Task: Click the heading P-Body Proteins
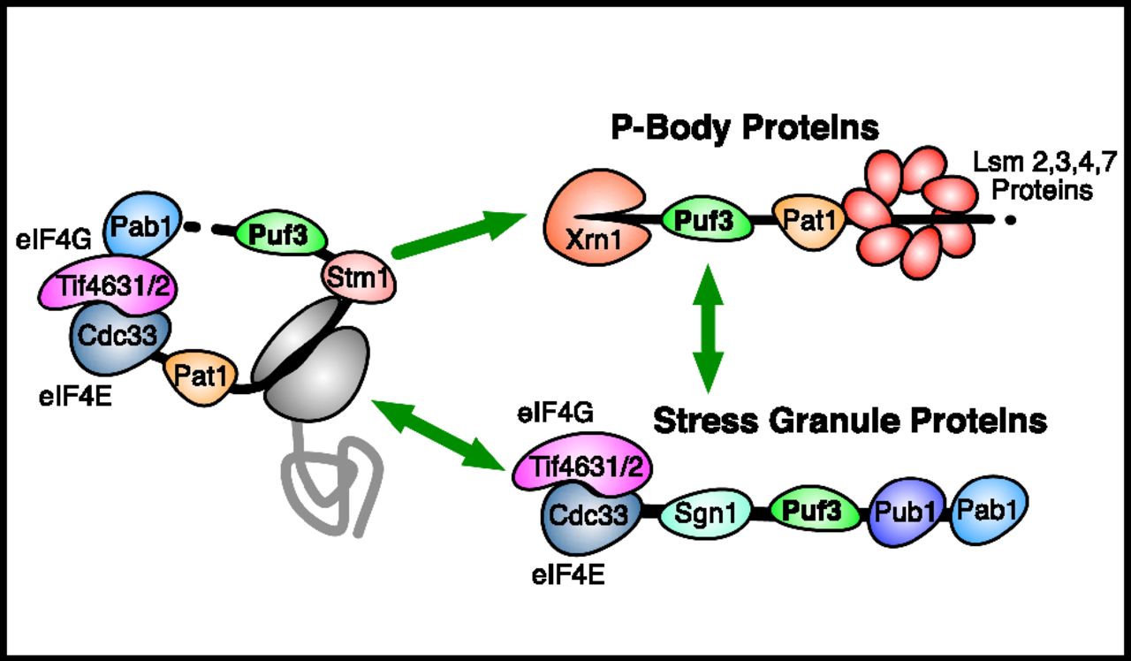[745, 129]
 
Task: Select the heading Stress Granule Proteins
[850, 421]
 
